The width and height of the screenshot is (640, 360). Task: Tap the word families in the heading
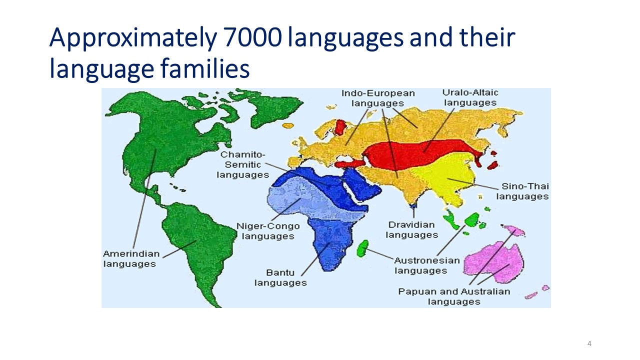[x=205, y=68]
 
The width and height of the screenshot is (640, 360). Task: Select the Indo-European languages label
[x=378, y=98]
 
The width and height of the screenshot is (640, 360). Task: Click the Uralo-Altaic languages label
[x=470, y=97]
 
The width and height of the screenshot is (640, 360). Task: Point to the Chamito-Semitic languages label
[x=243, y=164]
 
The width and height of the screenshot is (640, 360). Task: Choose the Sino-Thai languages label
[x=522, y=191]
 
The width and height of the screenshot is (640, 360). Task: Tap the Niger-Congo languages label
[x=268, y=231]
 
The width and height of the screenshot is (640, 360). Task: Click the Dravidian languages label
[x=411, y=229]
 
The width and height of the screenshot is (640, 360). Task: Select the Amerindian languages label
[x=131, y=258]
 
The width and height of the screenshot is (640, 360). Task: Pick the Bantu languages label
[x=280, y=277]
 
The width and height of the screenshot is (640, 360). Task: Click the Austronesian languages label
[x=427, y=265]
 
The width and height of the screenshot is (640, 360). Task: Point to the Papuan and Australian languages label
[x=454, y=296]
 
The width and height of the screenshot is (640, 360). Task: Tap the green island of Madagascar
[x=362, y=248]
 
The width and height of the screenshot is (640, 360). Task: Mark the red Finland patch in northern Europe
[x=340, y=127]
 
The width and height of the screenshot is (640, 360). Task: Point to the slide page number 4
[x=589, y=343]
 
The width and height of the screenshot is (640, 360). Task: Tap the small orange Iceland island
[x=288, y=125]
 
